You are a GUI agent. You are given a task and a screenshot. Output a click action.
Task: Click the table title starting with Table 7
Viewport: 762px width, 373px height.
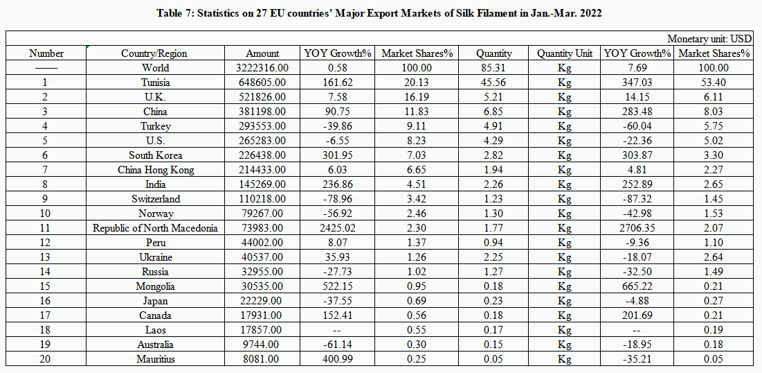380,13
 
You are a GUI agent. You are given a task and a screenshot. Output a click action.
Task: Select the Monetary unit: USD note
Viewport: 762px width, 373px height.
709,39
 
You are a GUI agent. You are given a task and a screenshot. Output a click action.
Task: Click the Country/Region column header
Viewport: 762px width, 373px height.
154,53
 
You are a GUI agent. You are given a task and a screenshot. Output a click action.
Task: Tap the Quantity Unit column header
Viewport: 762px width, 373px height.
564,53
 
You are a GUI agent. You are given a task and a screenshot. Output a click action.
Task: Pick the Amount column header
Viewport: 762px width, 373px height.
262,53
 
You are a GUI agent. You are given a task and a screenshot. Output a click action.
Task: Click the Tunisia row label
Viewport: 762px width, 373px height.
155,83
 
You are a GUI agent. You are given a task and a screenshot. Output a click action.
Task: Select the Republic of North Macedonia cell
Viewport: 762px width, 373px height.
155,228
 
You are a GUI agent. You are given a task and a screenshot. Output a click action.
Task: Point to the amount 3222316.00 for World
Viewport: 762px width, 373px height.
262,68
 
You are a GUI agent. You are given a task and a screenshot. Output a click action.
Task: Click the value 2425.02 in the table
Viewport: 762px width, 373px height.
338,228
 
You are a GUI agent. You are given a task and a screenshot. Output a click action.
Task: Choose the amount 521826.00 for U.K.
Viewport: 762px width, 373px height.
262,97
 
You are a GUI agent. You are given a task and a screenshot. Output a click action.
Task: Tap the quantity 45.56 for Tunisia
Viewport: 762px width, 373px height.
494,83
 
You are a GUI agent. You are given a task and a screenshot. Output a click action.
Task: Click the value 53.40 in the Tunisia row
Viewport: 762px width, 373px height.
713,83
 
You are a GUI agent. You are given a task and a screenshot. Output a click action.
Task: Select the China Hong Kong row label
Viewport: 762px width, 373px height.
155,170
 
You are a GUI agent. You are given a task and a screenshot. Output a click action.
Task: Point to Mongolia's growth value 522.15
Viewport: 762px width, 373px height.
338,286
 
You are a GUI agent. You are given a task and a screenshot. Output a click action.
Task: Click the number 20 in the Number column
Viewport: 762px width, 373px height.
46,359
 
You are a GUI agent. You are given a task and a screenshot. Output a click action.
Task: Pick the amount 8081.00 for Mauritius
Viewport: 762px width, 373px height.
262,359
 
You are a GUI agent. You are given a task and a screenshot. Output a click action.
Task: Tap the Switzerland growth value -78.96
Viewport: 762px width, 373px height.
338,199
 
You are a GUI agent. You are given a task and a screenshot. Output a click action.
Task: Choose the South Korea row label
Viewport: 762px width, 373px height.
155,155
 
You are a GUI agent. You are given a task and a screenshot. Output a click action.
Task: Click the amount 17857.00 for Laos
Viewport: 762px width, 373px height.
262,330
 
